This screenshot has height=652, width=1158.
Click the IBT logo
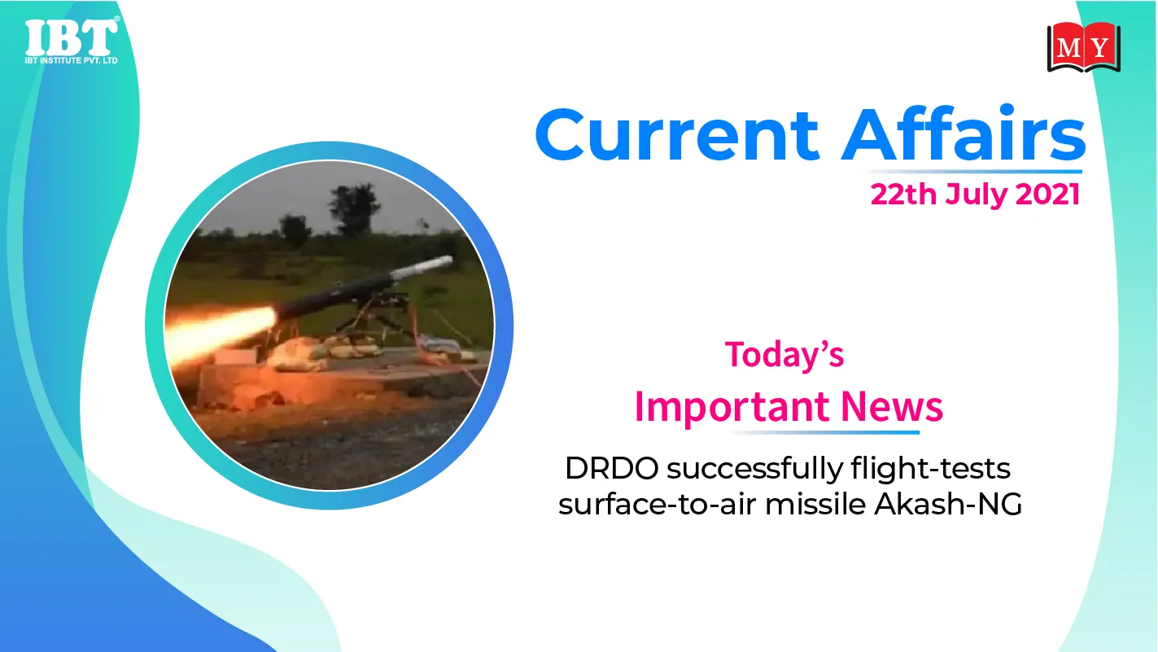click(72, 41)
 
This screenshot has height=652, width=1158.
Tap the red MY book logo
click(1084, 47)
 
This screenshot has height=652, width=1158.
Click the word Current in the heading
click(678, 134)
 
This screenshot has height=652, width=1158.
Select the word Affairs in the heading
click(964, 133)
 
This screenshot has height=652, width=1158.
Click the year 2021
click(1047, 195)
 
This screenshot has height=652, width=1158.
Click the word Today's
click(784, 355)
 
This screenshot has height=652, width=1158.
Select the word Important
click(733, 408)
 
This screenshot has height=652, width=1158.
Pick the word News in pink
click(892, 406)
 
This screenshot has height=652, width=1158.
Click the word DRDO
click(612, 469)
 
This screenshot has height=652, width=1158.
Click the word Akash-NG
click(948, 504)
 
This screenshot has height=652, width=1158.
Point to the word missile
click(815, 504)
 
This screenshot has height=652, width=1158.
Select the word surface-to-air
click(657, 505)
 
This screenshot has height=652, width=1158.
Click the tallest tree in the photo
click(355, 209)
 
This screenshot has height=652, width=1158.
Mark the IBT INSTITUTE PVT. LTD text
click(72, 60)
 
